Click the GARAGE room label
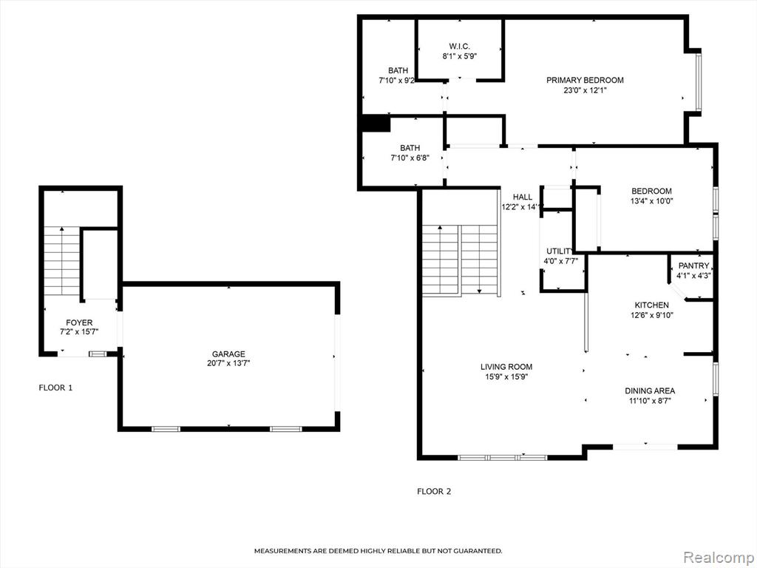pos(228,354)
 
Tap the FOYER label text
pos(79,322)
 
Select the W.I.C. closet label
pos(460,46)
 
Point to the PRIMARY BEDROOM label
pos(585,80)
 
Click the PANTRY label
pos(693,266)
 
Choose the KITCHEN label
pos(652,305)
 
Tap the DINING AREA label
pos(650,390)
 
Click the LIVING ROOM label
pos(506,367)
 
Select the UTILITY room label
pos(559,251)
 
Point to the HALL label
pos(523,197)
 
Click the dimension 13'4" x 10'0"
pos(651,201)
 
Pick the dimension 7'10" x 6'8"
pos(410,158)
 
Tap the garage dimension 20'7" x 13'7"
pos(228,363)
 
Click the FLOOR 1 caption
pos(55,388)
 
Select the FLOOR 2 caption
pos(434,492)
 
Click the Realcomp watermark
pos(717,558)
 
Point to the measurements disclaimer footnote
pos(378,550)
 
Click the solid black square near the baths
pos(376,124)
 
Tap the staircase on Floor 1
pos(62,261)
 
